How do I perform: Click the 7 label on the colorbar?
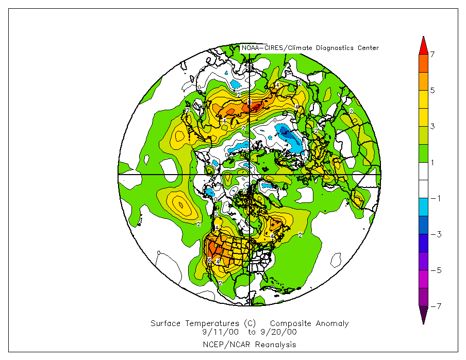(432, 54)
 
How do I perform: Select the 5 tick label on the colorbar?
(432, 90)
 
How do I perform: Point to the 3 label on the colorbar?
(432, 126)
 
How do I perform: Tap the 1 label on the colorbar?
(432, 162)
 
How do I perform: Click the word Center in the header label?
(368, 48)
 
